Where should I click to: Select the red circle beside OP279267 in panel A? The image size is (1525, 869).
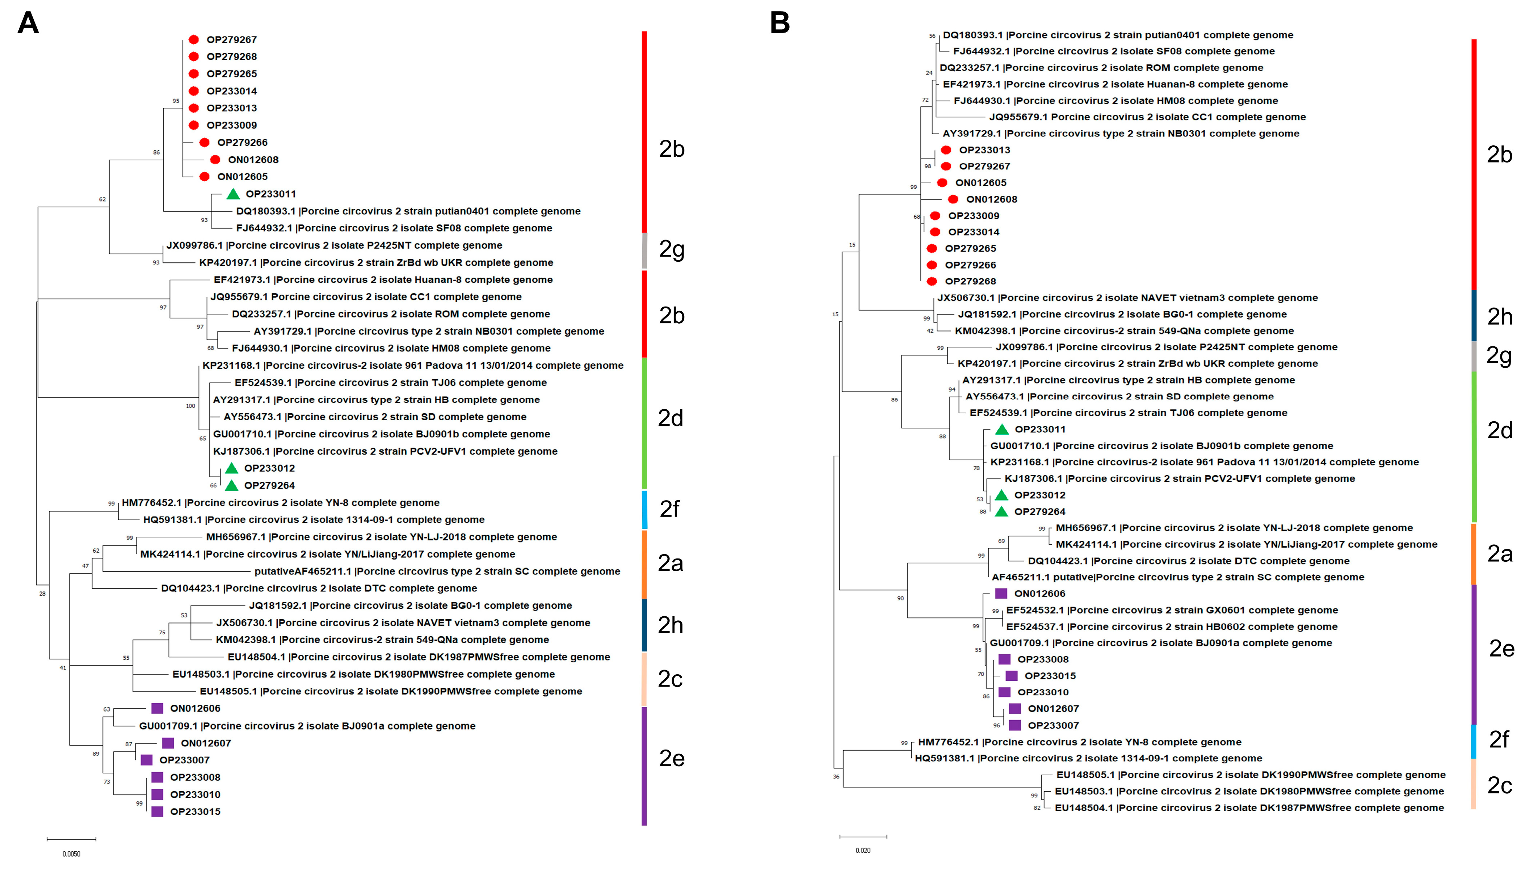[193, 39]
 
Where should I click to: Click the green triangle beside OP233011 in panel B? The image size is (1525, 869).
[1001, 429]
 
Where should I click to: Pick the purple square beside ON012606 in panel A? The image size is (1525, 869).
[157, 708]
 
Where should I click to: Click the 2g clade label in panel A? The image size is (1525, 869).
[672, 249]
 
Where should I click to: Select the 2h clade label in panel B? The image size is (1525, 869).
[1499, 316]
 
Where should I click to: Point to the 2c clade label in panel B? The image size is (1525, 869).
[1499, 785]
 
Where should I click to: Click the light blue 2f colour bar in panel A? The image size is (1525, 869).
[644, 509]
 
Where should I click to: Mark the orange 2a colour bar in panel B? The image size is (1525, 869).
[1474, 553]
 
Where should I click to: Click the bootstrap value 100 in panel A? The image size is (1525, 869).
[190, 406]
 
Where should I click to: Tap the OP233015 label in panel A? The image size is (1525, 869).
[195, 812]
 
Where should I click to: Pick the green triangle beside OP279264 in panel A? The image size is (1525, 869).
[232, 485]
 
